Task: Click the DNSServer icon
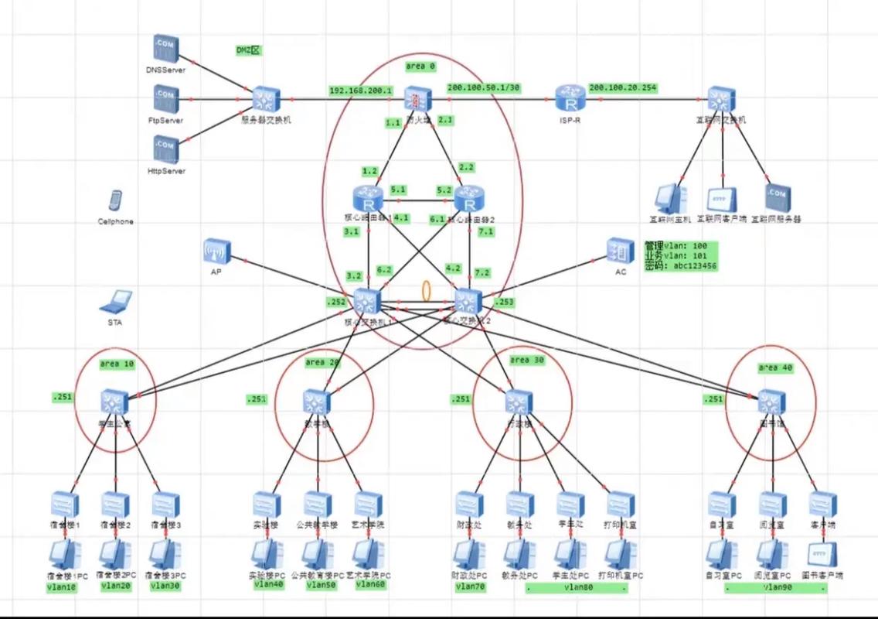(x=165, y=49)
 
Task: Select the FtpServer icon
(x=165, y=99)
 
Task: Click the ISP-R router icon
(x=570, y=101)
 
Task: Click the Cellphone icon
(x=114, y=201)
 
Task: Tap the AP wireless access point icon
(x=217, y=251)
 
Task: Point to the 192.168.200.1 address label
(x=360, y=90)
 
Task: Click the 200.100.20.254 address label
(x=623, y=88)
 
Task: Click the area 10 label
(x=117, y=364)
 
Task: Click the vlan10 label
(x=62, y=587)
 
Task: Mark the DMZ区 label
(x=250, y=50)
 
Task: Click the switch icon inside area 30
(x=519, y=401)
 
